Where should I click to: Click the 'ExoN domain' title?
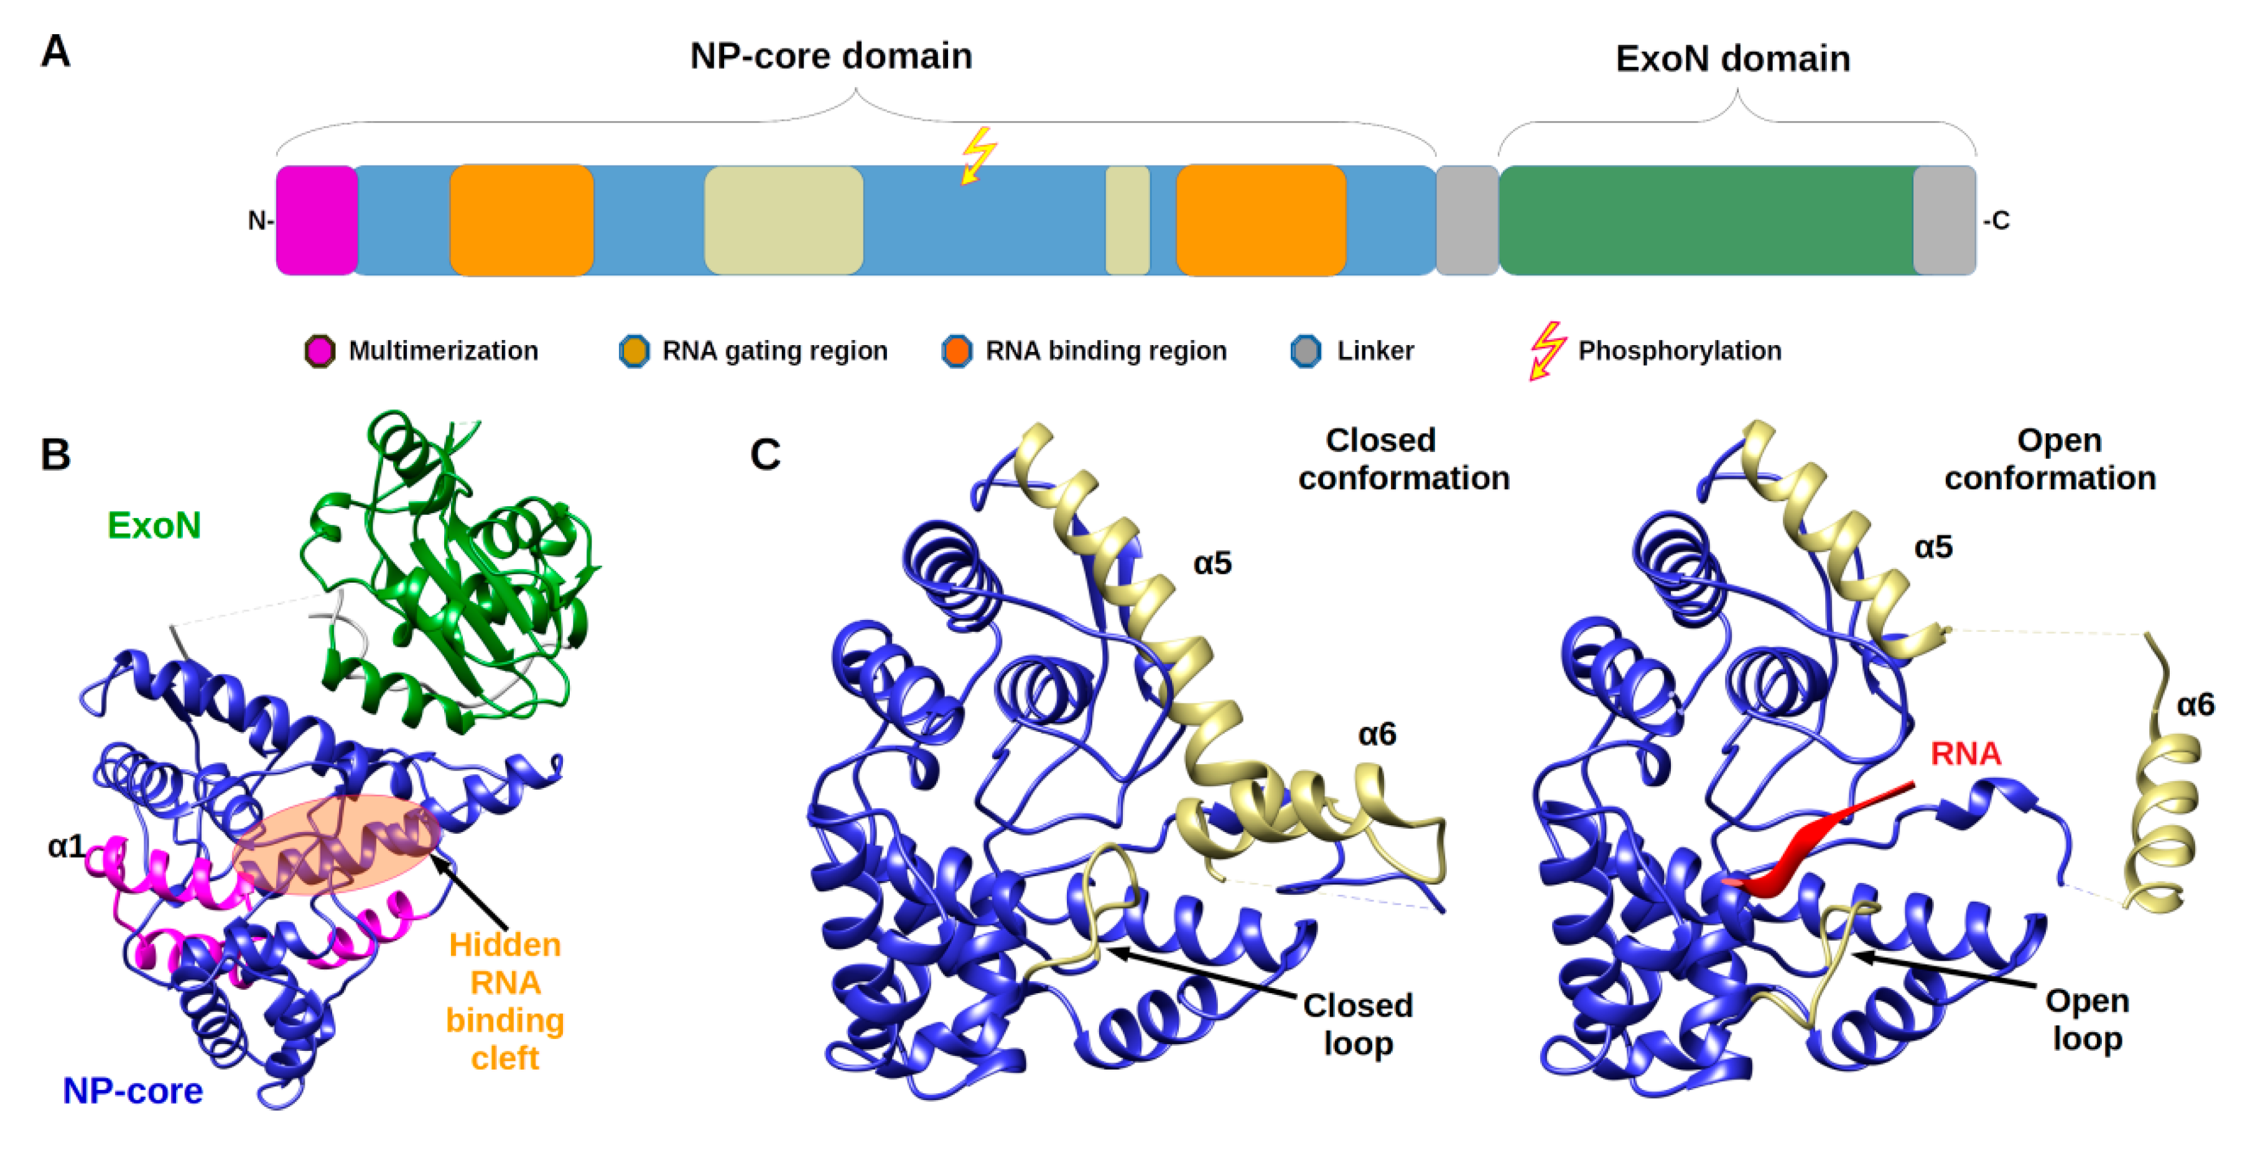(1732, 58)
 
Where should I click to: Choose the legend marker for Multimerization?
(320, 351)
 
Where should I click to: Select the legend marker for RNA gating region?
(634, 351)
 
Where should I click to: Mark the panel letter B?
(56, 454)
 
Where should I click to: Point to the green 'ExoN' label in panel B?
(154, 525)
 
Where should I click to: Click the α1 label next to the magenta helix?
(66, 846)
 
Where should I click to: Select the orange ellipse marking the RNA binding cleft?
(335, 843)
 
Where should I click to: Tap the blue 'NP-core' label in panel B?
(132, 1091)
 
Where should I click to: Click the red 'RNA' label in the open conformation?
(1965, 753)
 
